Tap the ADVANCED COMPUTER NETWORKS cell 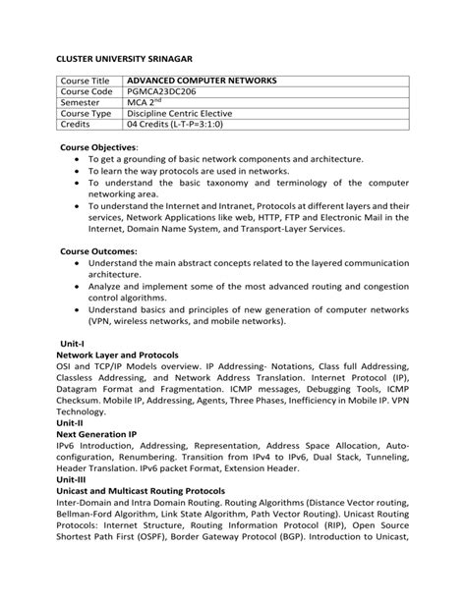(202, 81)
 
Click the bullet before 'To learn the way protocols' (78, 171)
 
